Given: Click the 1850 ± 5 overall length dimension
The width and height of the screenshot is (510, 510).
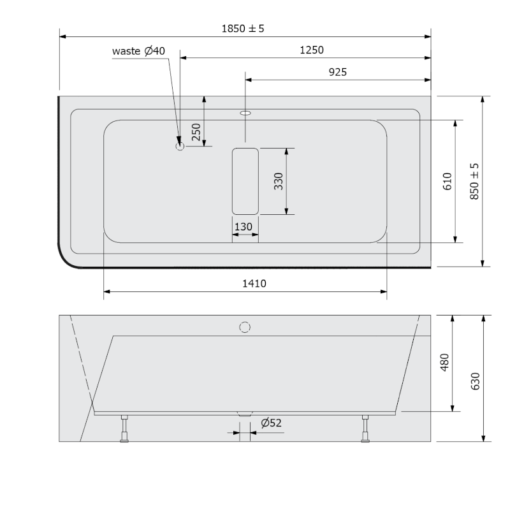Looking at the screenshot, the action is click(x=243, y=29).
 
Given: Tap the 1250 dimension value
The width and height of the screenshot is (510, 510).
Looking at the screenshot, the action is click(x=311, y=50).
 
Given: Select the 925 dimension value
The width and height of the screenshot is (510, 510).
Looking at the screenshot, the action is click(x=338, y=72).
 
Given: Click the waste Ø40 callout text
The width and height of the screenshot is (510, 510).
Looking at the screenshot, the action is click(x=138, y=51).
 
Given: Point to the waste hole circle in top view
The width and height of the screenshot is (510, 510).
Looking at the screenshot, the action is click(x=180, y=147).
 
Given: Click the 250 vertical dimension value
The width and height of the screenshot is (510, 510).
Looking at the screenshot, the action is click(x=196, y=132).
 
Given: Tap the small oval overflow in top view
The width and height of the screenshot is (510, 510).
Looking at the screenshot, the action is click(x=245, y=113).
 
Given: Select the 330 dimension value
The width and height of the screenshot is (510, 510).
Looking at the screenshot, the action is click(x=279, y=181).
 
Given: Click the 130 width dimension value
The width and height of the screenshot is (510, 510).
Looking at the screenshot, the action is click(x=244, y=227).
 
